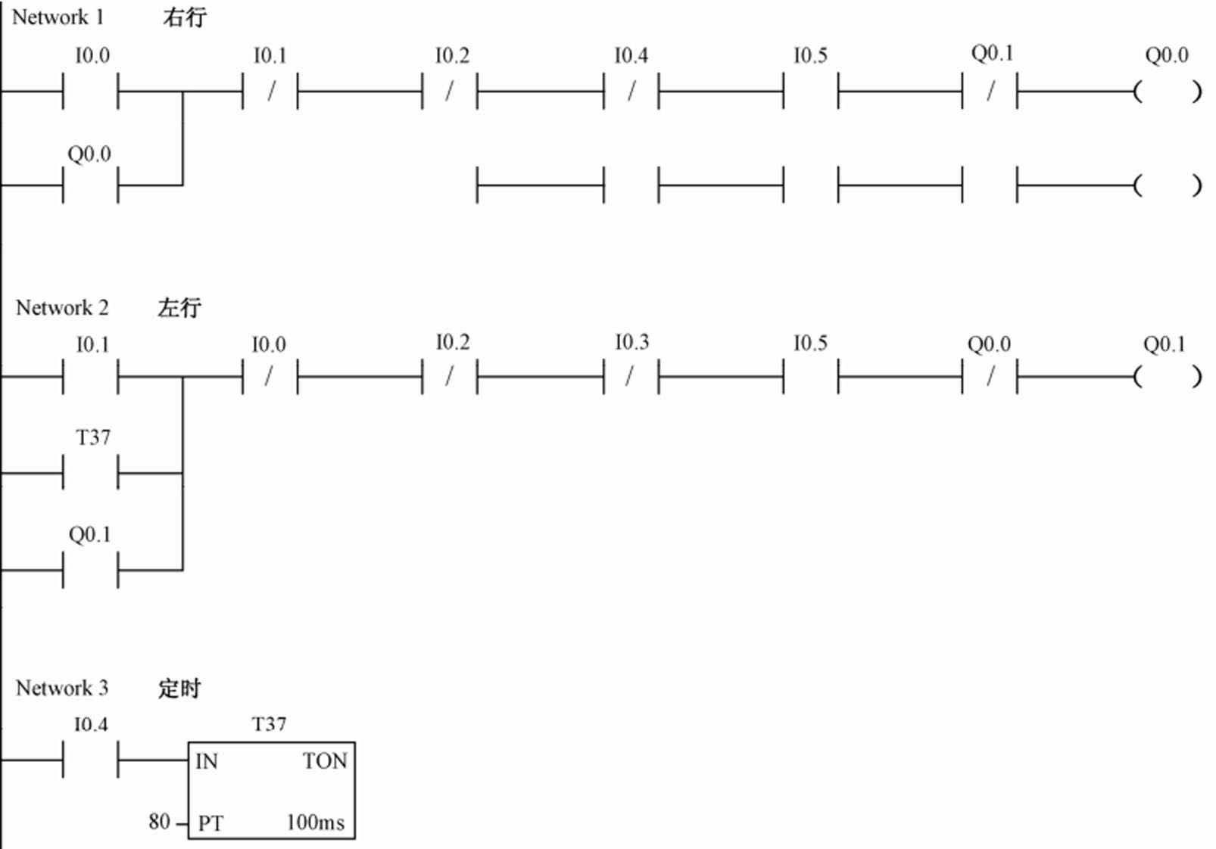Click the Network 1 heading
click(x=58, y=17)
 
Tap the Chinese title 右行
click(x=184, y=17)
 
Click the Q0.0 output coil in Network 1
click(x=1167, y=92)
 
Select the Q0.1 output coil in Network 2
click(x=1167, y=376)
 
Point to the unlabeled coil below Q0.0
click(x=1167, y=185)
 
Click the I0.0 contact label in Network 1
click(x=92, y=55)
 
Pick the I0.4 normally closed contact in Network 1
click(x=631, y=92)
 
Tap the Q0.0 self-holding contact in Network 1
click(x=90, y=185)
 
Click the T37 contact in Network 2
click(x=90, y=474)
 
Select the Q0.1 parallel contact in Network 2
click(x=90, y=570)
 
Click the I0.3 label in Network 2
click(x=631, y=342)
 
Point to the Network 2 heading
click(x=62, y=308)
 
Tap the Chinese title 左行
click(x=179, y=308)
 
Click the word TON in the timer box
click(x=324, y=760)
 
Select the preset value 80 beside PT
click(x=159, y=821)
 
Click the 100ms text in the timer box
click(x=315, y=822)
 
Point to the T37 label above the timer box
click(x=269, y=724)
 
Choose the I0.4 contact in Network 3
click(x=90, y=760)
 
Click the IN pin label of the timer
click(x=207, y=760)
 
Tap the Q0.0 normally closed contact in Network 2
click(x=989, y=376)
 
